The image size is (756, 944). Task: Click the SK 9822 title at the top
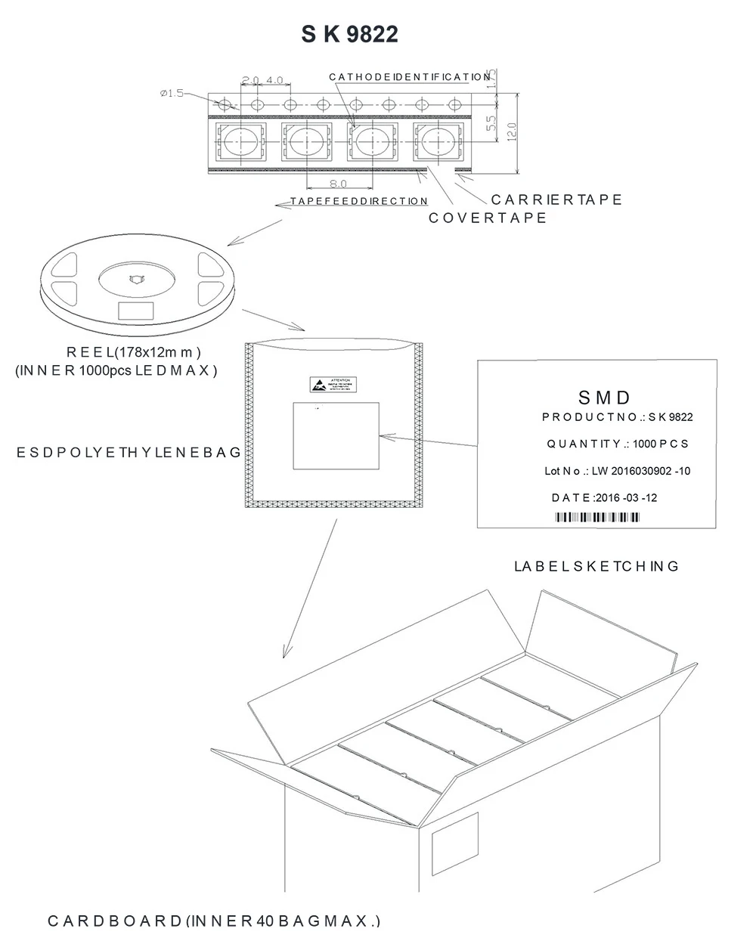pos(349,34)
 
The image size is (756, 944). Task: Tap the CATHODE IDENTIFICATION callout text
pos(410,77)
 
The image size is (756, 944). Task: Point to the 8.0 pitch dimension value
pos(338,184)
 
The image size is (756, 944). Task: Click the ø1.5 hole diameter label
pos(172,93)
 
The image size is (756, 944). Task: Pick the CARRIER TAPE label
pos(556,200)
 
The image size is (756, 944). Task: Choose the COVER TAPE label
pos(488,218)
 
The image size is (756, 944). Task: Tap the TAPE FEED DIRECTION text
pos(359,201)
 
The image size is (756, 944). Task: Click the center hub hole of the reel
pos(136,278)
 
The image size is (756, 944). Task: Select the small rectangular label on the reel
pos(136,310)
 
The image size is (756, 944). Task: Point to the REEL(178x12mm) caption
pos(134,351)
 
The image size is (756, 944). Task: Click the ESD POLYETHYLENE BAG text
pos(129,452)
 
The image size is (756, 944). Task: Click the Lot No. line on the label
pos(617,471)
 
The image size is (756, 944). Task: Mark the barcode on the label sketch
pos(597,517)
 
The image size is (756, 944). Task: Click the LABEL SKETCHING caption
pos(596,566)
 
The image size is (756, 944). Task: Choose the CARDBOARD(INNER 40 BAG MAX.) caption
pos(215,921)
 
